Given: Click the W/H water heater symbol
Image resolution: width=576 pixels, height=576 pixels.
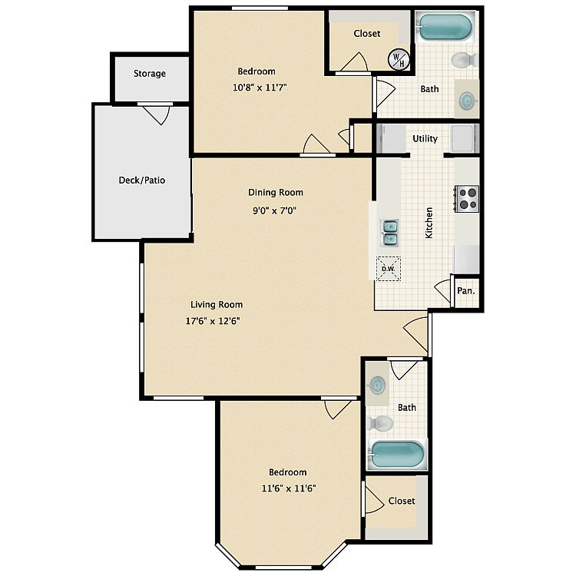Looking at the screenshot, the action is coord(399,59).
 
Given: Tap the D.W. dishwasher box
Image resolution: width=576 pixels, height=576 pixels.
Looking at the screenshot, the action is coord(389,269).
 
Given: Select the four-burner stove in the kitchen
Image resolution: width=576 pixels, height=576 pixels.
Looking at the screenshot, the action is coord(467,199).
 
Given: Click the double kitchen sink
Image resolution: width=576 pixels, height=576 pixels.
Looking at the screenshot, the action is coord(389,233).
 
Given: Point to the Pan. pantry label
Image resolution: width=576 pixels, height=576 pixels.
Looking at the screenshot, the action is coord(466,291).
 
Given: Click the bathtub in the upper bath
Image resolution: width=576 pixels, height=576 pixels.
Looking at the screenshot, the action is coord(445,27).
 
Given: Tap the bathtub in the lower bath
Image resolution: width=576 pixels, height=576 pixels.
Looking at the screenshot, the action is coord(397,454).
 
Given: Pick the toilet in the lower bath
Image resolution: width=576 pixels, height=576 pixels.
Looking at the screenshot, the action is coord(380,423).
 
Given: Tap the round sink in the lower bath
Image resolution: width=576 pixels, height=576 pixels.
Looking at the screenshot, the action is coord(377,386).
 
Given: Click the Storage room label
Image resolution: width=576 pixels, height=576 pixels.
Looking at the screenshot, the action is coord(150,74).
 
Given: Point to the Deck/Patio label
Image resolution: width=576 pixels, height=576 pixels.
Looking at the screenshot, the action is coord(142,180).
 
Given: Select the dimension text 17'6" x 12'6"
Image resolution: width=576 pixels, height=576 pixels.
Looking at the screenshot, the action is coord(213,321).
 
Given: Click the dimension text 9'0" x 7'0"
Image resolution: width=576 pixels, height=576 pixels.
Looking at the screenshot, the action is coord(274,210).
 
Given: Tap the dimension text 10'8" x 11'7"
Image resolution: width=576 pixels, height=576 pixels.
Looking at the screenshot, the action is coord(260,88).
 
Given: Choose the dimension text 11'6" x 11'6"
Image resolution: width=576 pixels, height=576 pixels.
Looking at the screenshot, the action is coord(289,488).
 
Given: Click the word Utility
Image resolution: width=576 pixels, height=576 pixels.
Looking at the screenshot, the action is coord(425,139).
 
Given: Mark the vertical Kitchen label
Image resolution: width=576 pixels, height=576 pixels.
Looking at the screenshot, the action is coord(429,223).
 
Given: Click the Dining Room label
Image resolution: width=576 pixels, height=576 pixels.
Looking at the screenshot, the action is coord(276,193).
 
